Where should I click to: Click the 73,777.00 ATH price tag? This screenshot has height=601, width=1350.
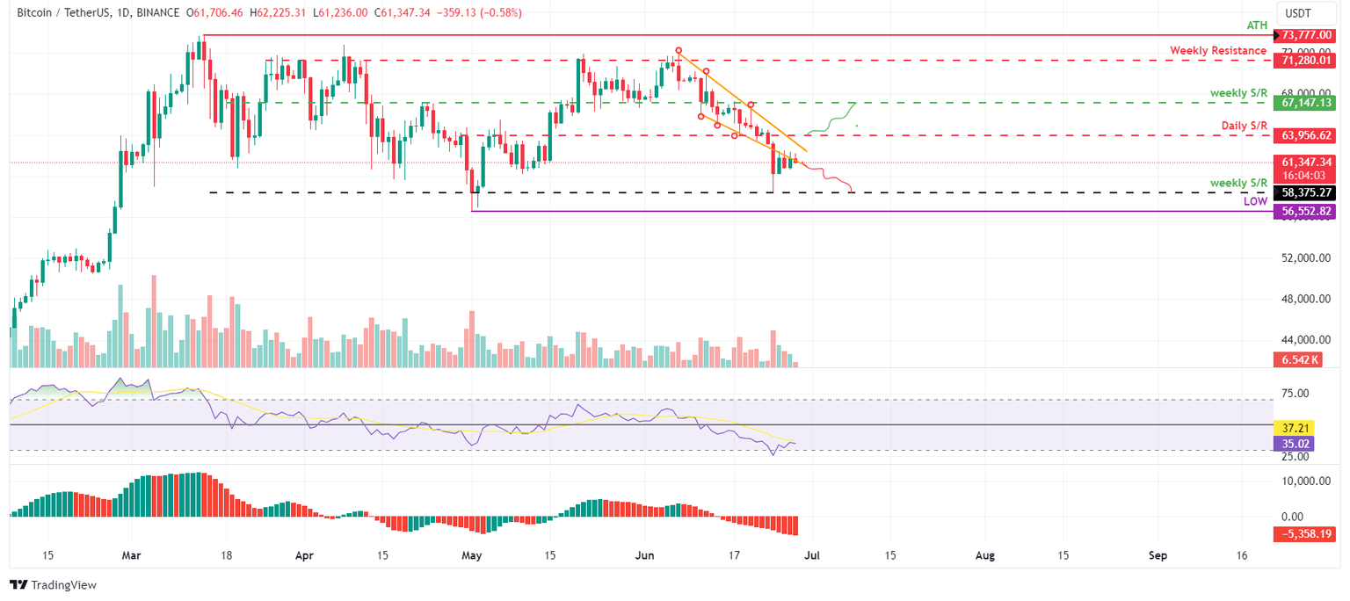1308,35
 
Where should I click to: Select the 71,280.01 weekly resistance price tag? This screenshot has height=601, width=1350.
1308,61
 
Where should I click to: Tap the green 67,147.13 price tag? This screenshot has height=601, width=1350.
1308,103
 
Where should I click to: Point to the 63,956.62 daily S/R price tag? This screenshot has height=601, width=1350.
1308,135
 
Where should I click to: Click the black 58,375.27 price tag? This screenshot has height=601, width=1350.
1308,192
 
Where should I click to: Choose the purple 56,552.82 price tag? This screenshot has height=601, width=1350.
1308,211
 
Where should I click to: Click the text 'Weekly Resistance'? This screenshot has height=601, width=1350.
1218,51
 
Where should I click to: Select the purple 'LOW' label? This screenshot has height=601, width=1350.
1255,201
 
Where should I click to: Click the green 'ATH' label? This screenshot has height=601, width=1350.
1258,26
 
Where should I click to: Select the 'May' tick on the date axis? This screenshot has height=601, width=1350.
472,555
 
